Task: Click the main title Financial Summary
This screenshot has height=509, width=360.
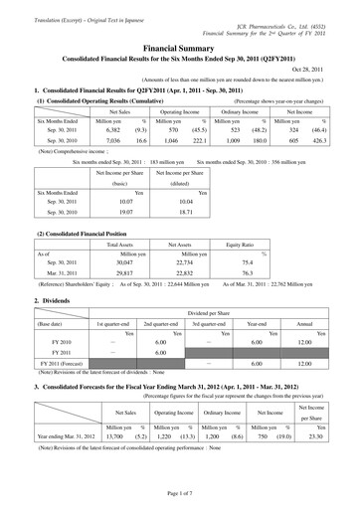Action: tap(180, 47)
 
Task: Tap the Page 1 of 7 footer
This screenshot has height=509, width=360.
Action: tap(180, 494)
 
